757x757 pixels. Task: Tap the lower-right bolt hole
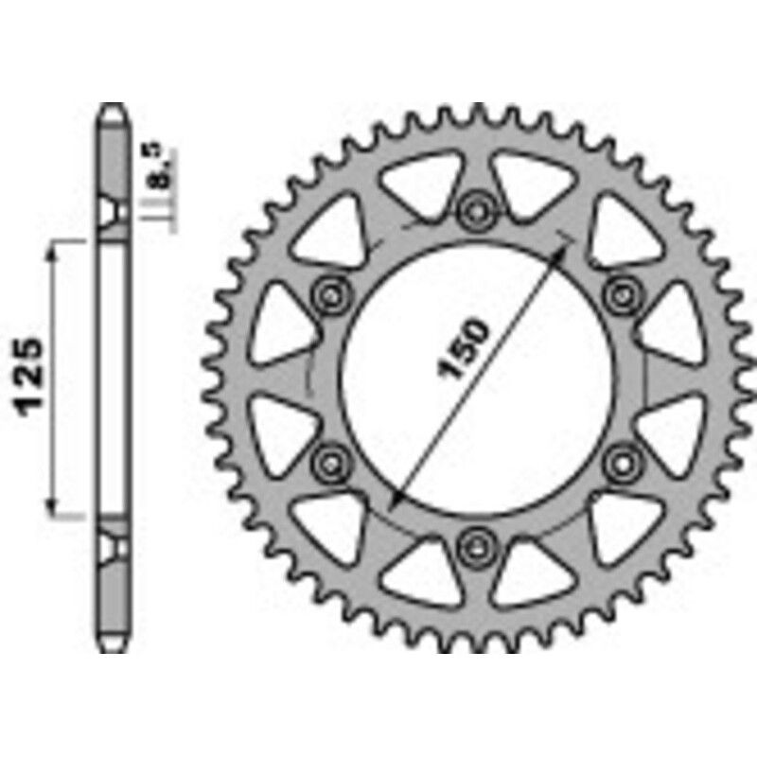tap(622, 461)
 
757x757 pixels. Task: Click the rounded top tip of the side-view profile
tap(113, 108)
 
